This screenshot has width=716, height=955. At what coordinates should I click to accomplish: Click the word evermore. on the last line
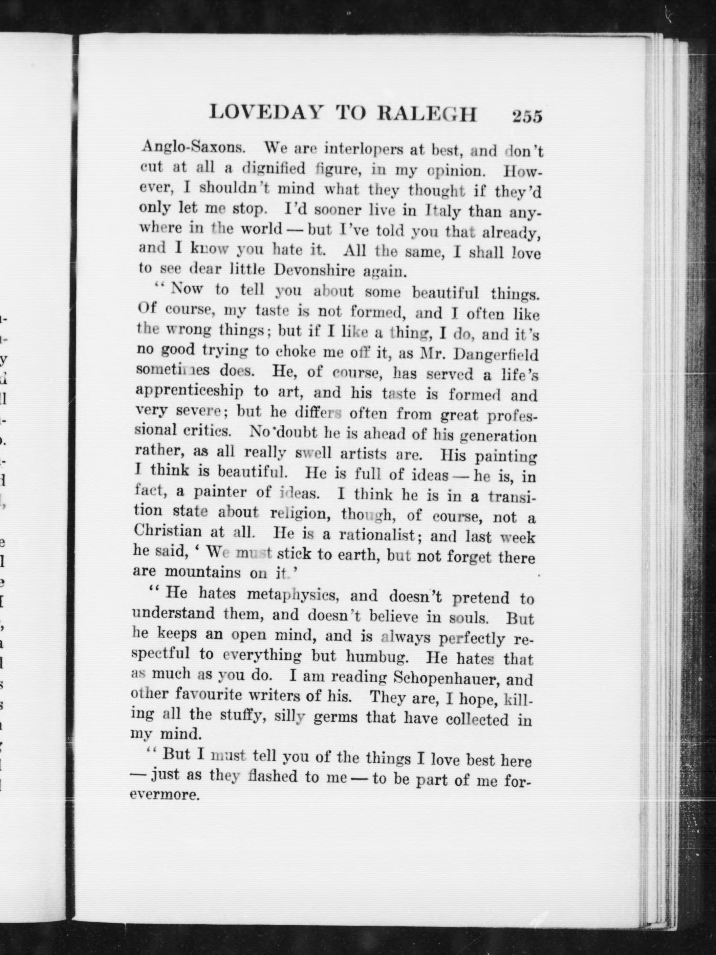(x=165, y=795)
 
